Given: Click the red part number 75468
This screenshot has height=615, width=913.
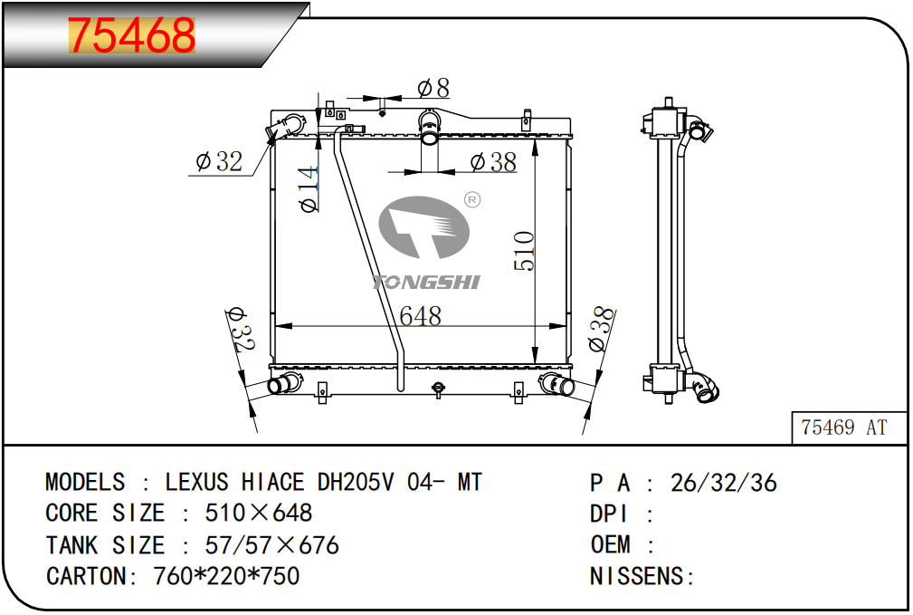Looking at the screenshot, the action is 131,35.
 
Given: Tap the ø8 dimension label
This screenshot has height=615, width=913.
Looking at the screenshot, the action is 433,88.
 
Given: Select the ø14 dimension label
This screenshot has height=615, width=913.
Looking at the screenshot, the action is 309,189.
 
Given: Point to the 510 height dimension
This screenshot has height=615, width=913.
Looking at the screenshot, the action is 524,251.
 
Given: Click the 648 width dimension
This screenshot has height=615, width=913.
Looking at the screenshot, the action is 421,316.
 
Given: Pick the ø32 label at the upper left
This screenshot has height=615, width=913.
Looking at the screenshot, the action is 219,161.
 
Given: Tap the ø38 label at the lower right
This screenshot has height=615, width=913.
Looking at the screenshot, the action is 602,330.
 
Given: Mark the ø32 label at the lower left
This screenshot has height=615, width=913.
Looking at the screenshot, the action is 241,330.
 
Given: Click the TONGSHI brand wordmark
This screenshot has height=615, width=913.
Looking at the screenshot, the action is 426,283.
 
